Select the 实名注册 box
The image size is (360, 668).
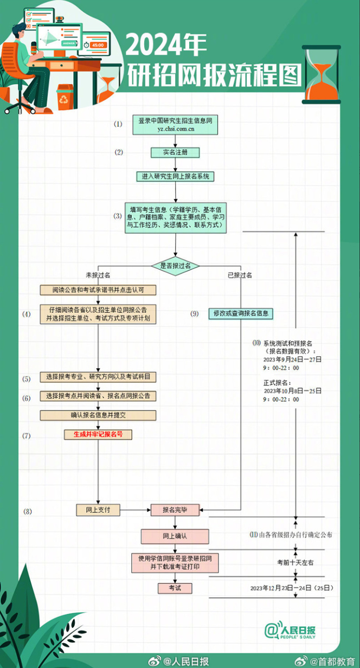click(x=175, y=152)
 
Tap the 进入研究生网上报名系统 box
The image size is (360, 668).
click(x=175, y=176)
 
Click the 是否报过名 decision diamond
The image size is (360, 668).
click(x=175, y=265)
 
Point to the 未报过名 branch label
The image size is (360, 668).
click(x=98, y=275)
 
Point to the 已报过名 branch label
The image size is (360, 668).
click(x=240, y=275)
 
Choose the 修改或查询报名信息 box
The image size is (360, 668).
click(x=240, y=313)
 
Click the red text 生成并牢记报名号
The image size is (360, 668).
click(x=98, y=434)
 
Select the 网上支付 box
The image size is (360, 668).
click(x=98, y=509)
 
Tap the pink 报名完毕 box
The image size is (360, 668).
click(x=175, y=509)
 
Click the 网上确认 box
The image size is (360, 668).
click(x=175, y=536)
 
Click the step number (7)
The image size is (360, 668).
click(x=27, y=436)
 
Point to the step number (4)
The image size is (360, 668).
click(x=27, y=314)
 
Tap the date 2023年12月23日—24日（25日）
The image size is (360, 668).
click(x=291, y=588)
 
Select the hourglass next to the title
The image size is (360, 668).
click(x=322, y=74)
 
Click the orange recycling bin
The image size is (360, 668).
click(x=65, y=97)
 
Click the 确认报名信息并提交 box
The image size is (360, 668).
click(x=98, y=415)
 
